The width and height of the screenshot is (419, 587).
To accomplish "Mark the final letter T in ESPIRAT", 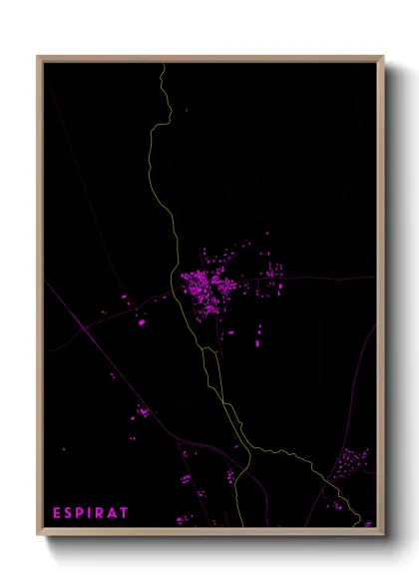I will tap(124, 513).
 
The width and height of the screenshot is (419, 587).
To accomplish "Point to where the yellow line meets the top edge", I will tap(162, 64).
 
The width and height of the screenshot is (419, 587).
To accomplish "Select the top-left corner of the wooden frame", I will tap(38, 57).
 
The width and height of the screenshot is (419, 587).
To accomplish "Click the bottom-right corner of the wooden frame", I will tap(382, 534).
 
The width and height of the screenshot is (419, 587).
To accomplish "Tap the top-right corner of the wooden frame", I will tap(382, 57).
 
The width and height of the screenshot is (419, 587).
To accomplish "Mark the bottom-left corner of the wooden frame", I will tap(38, 534).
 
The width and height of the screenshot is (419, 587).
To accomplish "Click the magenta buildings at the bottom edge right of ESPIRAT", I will tap(186, 519).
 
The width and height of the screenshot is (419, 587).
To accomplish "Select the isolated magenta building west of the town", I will tap(141, 322).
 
